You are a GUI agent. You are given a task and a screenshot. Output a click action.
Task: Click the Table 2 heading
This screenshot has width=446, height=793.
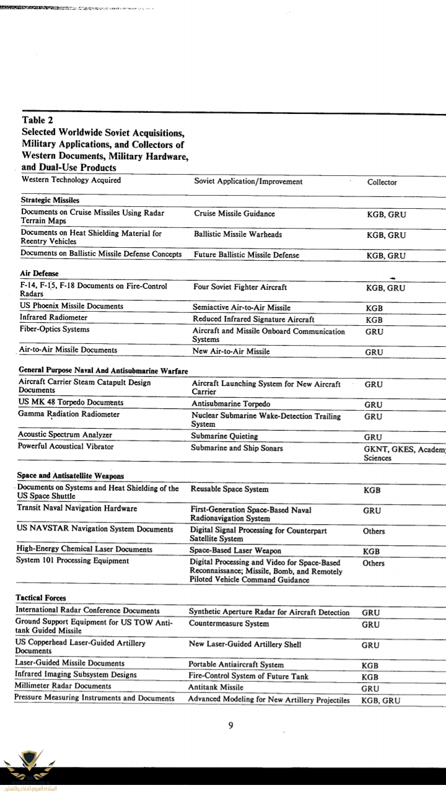click(x=37, y=120)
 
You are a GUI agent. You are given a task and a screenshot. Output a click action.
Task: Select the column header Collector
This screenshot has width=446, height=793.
click(x=382, y=182)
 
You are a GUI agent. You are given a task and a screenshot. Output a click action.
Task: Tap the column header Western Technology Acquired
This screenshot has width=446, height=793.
click(x=71, y=181)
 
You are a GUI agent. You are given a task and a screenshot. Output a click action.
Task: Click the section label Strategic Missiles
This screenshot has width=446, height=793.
click(x=51, y=201)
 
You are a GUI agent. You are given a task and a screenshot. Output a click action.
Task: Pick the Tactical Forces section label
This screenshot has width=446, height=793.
click(x=41, y=598)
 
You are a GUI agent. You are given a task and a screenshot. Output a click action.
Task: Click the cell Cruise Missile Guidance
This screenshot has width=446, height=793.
click(x=234, y=214)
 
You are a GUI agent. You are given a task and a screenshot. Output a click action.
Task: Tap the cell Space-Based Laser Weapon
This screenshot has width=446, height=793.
click(x=235, y=550)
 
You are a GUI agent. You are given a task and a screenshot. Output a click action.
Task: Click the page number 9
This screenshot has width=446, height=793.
click(x=230, y=726)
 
